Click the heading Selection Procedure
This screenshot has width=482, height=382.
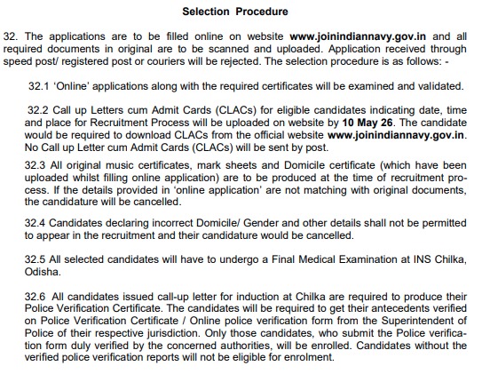[234, 12]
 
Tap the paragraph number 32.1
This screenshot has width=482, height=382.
[39, 86]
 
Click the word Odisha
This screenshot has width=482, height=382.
[46, 269]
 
